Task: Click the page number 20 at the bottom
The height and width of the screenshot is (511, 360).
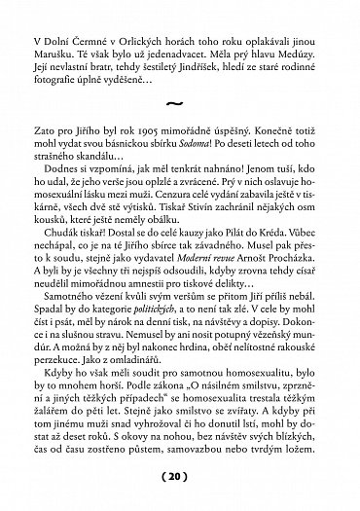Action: [x=181, y=479]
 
